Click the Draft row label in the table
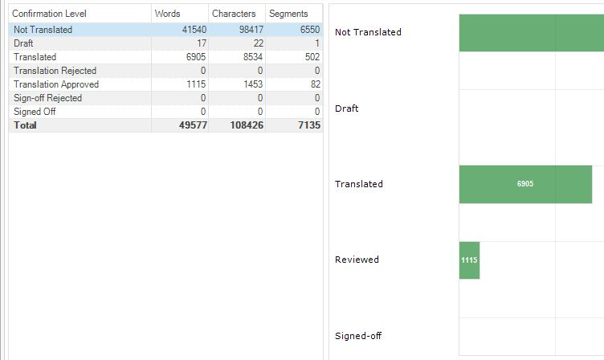(x=23, y=43)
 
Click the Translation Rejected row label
(x=55, y=71)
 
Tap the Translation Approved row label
(x=56, y=84)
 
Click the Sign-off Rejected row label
(x=47, y=98)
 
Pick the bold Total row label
(x=25, y=125)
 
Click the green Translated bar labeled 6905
(x=525, y=184)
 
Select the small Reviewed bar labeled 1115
(x=469, y=260)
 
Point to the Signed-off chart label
(x=357, y=336)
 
